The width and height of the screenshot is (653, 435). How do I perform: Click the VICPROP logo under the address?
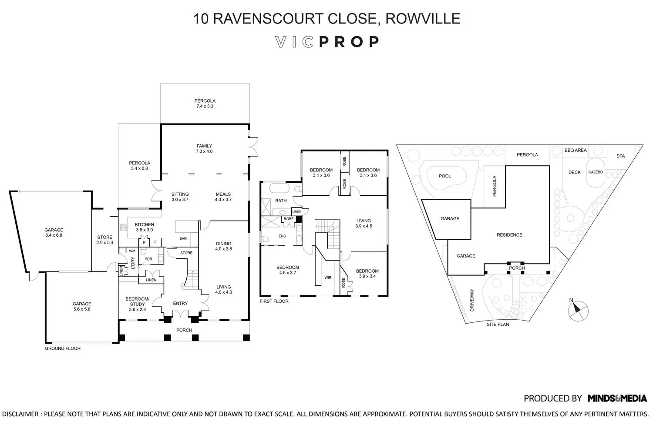click(327, 42)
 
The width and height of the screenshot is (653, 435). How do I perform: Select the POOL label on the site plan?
click(445, 176)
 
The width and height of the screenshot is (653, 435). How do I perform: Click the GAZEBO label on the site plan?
click(596, 172)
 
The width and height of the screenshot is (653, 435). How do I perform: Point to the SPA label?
click(620, 156)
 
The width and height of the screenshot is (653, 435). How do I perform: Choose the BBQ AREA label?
click(575, 151)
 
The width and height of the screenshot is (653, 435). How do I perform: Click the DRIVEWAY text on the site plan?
click(472, 300)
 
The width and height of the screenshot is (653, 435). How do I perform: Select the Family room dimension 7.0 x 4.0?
click(204, 151)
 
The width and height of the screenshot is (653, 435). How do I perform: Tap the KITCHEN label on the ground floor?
click(145, 225)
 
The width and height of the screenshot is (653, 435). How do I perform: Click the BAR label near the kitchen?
click(183, 238)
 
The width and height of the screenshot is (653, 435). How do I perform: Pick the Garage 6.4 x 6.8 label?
click(54, 233)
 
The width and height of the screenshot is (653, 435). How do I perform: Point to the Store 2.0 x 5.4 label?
click(104, 240)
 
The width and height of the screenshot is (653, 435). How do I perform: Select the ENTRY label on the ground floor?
click(180, 304)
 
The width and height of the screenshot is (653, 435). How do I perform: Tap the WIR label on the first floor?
click(328, 278)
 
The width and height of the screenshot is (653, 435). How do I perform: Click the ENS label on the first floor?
click(282, 236)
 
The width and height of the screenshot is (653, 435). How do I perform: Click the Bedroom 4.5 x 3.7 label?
click(287, 270)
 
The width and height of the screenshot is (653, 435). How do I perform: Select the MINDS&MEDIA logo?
click(617, 398)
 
